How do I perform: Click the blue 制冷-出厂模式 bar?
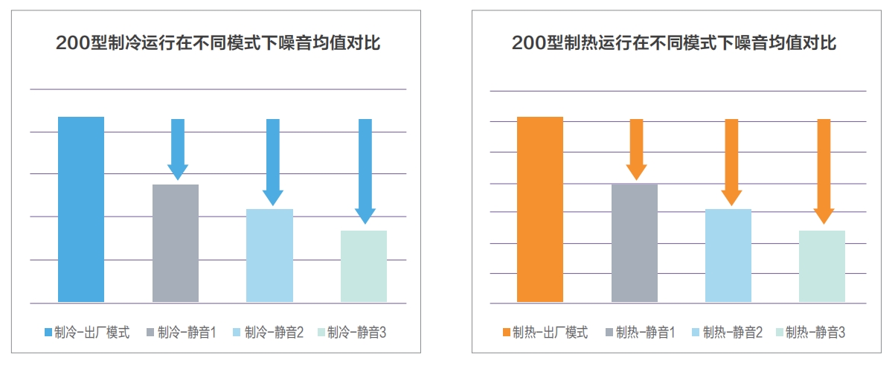81,210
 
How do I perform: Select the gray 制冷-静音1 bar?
176,243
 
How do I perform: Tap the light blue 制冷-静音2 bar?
269,255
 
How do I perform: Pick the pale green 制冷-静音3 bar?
364,266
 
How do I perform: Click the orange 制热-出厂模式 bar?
540,210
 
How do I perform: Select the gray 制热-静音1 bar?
635,243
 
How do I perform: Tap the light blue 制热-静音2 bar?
728,255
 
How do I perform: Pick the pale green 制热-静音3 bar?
822,266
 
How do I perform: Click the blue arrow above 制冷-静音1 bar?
178,149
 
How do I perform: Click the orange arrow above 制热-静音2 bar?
731,161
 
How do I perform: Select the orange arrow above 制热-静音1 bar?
636,149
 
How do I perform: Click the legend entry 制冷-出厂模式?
86,333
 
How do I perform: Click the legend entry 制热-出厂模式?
545,333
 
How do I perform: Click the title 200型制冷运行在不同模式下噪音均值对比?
218,43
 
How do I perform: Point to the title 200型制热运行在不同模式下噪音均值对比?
674,43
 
